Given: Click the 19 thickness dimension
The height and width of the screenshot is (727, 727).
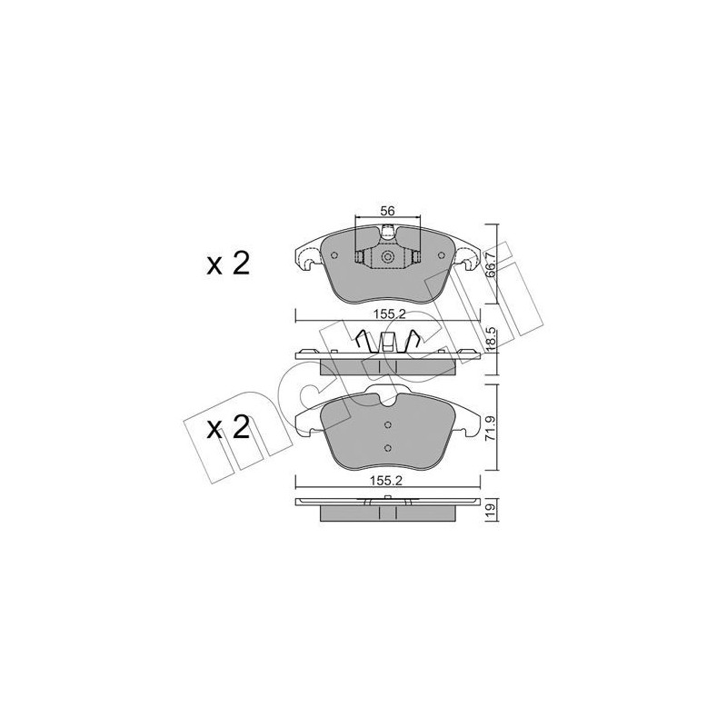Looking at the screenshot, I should tap(491, 511).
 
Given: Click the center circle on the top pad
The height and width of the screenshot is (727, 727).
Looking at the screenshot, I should tap(387, 258).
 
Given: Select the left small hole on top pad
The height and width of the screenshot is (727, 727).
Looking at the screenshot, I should tap(334, 255).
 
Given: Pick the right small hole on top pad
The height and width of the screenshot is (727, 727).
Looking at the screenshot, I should tap(440, 255).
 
